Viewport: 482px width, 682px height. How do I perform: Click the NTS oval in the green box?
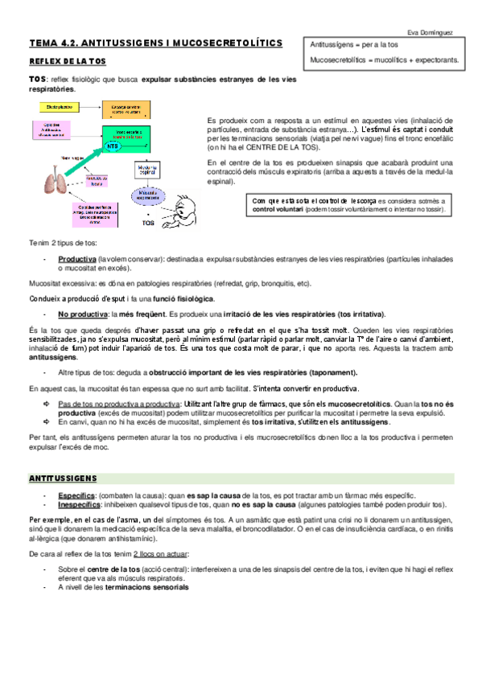point(113,148)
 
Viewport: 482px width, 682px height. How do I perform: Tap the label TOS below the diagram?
point(148,223)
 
